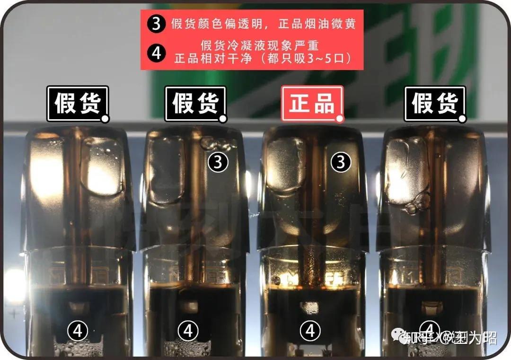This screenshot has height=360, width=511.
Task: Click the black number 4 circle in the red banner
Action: pyautogui.click(x=156, y=53)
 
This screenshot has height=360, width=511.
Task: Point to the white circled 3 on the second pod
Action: pyautogui.click(x=218, y=162)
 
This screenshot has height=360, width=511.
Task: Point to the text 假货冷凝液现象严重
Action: pyautogui.click(x=260, y=46)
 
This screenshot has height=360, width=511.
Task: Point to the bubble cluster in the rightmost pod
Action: pyautogui.click(x=416, y=203)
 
